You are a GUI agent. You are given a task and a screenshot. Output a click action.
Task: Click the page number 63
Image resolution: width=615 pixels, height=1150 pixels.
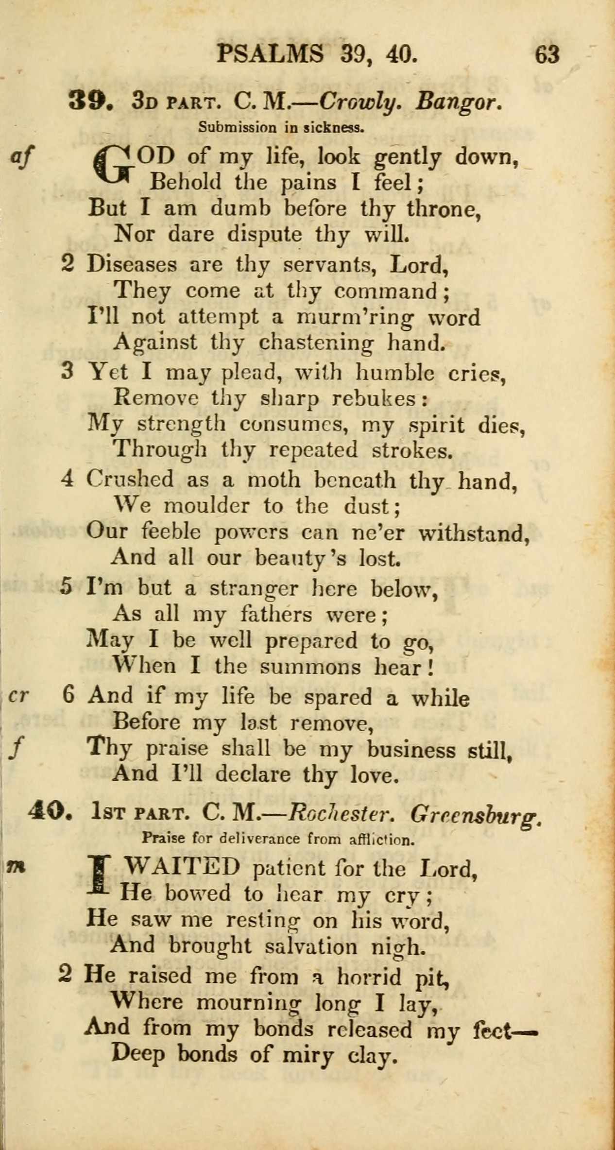click(547, 54)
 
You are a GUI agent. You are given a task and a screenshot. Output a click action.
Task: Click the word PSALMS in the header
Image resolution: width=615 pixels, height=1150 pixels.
click(270, 53)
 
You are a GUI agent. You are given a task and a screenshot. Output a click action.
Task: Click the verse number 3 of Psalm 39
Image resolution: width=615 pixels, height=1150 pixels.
click(68, 372)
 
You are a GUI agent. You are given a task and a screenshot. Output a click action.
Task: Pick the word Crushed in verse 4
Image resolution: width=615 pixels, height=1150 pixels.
click(130, 479)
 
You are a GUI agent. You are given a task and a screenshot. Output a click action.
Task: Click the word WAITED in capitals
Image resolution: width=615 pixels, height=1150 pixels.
click(182, 867)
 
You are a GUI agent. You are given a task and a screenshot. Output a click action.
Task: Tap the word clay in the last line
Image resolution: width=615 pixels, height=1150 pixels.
click(370, 1054)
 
